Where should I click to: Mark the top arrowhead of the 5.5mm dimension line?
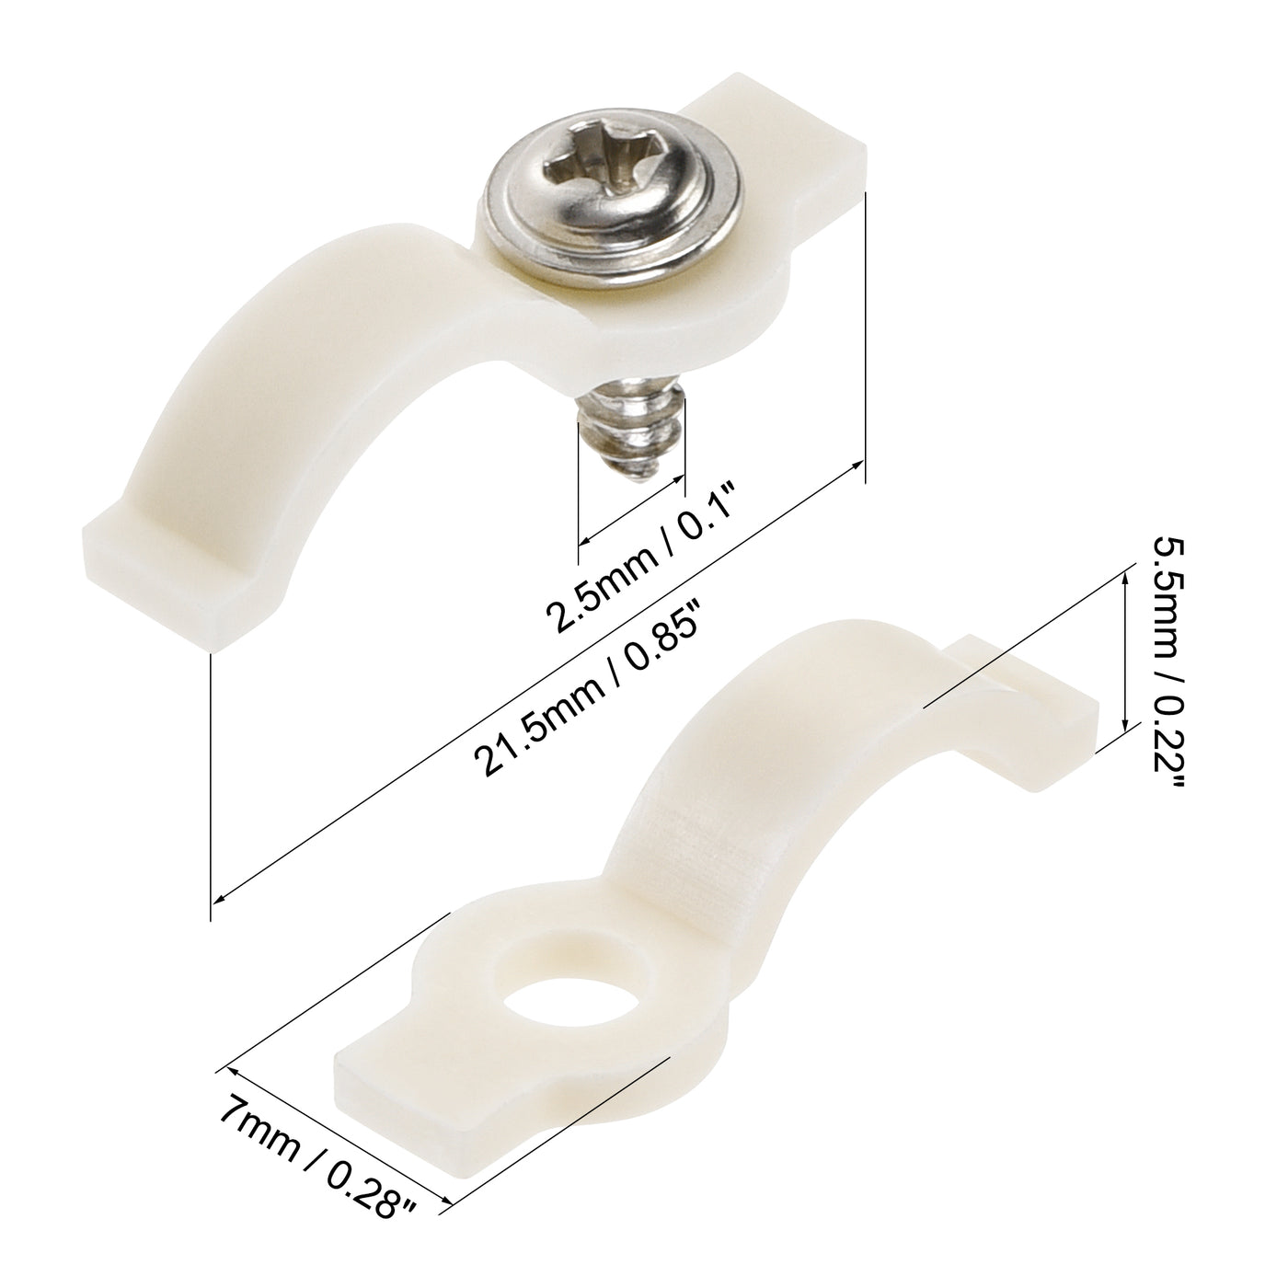click(1125, 575)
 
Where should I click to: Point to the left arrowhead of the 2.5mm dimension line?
click(583, 541)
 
